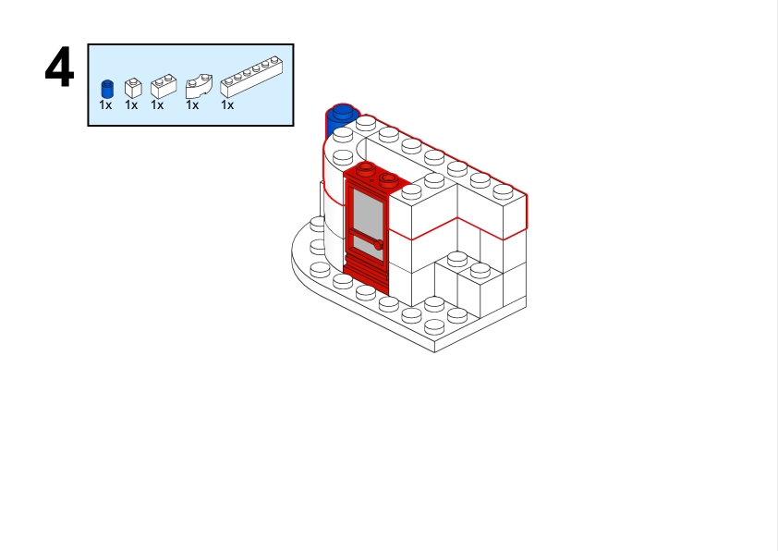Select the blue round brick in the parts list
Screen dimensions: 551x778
pyautogui.click(x=107, y=89)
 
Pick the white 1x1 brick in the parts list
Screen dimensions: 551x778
pyautogui.click(x=132, y=88)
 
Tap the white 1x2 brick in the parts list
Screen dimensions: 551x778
pyautogui.click(x=163, y=86)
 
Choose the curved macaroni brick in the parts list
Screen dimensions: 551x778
pyautogui.click(x=198, y=87)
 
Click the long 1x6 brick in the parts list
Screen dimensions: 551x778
pyautogui.click(x=250, y=74)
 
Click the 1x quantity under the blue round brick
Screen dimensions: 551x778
pyautogui.click(x=105, y=105)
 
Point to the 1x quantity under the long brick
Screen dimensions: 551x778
pyautogui.click(x=227, y=105)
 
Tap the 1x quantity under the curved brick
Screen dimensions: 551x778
pyautogui.click(x=192, y=105)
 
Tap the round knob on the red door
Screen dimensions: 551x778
pyautogui.click(x=378, y=244)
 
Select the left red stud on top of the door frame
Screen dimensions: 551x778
pyautogui.click(x=366, y=168)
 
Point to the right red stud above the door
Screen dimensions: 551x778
pyautogui.click(x=389, y=179)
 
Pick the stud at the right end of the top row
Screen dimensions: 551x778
pyautogui.click(x=503, y=190)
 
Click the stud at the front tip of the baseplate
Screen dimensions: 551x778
pyautogui.click(x=434, y=326)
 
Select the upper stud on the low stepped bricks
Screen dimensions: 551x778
pyautogui.click(x=457, y=258)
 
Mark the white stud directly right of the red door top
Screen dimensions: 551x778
pyautogui.click(x=411, y=191)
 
